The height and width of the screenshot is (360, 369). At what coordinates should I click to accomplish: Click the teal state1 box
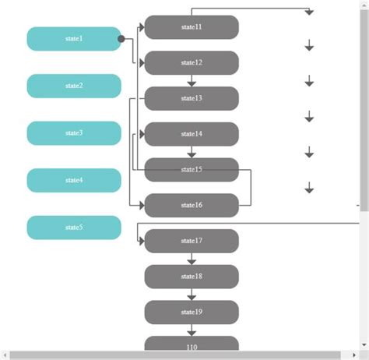coord(74,39)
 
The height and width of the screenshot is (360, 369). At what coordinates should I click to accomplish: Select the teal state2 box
coord(74,86)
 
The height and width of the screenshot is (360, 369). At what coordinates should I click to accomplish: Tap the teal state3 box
coord(74,133)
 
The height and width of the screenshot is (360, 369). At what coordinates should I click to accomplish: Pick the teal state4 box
coord(74,180)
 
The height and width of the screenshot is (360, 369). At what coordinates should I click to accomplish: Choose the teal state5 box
coord(74,228)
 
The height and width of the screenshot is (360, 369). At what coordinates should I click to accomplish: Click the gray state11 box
coord(192,27)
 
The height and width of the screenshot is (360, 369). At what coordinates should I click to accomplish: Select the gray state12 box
coord(192,62)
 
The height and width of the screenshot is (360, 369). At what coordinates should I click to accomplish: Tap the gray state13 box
coord(192,98)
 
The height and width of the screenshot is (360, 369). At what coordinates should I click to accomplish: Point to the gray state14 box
coord(192,134)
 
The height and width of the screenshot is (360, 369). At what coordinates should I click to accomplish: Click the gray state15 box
coord(192,170)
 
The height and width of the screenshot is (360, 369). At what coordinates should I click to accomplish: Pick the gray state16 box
coord(192,205)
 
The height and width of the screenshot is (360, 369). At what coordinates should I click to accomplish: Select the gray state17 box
coord(192,241)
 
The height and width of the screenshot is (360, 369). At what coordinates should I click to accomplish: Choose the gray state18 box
coord(192,277)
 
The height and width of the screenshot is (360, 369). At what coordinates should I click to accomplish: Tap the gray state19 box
coord(192,312)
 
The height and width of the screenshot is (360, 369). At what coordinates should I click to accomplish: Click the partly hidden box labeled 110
coord(192,344)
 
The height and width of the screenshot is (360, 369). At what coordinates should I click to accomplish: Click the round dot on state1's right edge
coord(121,38)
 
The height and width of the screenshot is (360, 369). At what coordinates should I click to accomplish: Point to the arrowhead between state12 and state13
coord(192,83)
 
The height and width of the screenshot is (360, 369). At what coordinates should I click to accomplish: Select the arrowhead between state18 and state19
coord(192,296)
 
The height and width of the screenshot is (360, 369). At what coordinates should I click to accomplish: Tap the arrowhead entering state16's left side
coord(142,205)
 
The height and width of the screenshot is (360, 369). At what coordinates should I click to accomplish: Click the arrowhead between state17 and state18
coord(192,260)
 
